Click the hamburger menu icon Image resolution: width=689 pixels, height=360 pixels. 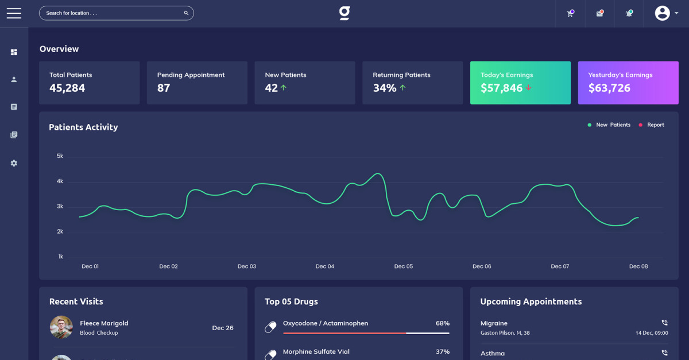pos(14,13)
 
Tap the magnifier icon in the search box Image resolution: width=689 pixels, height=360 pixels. pos(186,13)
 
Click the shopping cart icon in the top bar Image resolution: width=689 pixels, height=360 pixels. pos(570,13)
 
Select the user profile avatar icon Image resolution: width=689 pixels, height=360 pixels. pos(663,13)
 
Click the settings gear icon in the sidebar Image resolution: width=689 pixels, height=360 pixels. pos(14,163)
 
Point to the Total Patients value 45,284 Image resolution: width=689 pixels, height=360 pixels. pos(67,88)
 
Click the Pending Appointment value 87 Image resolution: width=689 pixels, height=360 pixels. pos(164,88)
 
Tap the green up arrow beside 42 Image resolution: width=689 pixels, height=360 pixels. pos(284,88)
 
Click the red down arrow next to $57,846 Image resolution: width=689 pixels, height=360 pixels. pos(529,88)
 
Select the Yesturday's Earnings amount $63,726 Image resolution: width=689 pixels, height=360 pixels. pos(609,88)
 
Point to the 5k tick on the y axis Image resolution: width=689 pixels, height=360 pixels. pos(60,156)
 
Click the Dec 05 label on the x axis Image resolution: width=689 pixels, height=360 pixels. pos(403,266)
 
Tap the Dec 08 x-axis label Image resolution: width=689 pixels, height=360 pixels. pos(638,266)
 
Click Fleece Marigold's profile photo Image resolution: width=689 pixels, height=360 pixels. pos(61,327)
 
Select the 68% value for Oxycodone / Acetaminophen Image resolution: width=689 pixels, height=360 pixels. pos(442,323)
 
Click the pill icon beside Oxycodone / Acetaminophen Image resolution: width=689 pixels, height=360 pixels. pos(270,327)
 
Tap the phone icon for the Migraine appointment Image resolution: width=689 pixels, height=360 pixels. pos(664,323)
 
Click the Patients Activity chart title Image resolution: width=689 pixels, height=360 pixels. pos(83,127)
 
